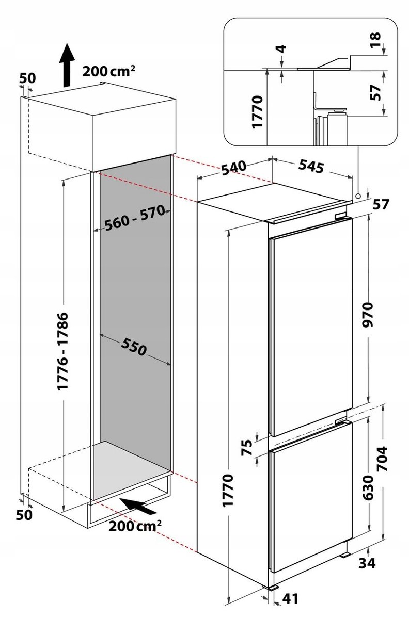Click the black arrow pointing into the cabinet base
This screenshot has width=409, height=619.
(137, 505)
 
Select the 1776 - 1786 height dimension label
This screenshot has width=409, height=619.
(63, 351)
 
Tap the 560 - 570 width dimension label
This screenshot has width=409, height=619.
(135, 218)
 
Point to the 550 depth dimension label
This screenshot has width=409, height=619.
(134, 347)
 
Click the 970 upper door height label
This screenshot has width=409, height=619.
(368, 315)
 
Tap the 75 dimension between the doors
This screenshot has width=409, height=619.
(247, 447)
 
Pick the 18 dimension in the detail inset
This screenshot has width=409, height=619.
(375, 40)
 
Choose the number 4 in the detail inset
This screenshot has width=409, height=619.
(282, 49)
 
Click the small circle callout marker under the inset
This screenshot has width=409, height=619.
(358, 196)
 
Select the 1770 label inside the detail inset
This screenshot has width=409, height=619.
(257, 111)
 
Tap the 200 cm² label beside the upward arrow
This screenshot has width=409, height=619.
(109, 71)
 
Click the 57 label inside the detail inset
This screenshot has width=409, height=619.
(375, 93)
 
